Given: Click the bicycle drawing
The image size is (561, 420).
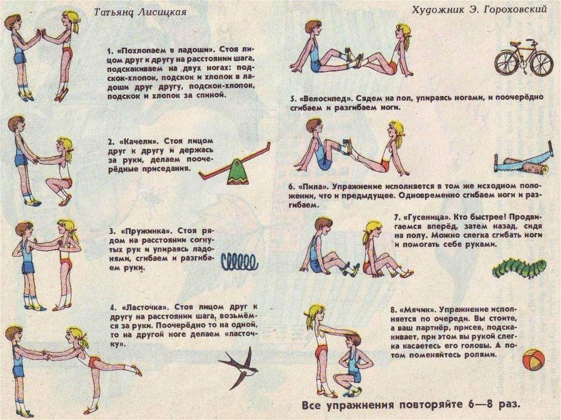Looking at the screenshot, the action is (x=524, y=58).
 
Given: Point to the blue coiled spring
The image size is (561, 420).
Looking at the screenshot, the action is (x=239, y=262).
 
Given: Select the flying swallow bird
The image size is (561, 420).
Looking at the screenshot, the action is (x=239, y=368).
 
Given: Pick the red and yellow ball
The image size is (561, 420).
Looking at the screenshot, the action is (x=534, y=361).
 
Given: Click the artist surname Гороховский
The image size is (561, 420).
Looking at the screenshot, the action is (x=515, y=10).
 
